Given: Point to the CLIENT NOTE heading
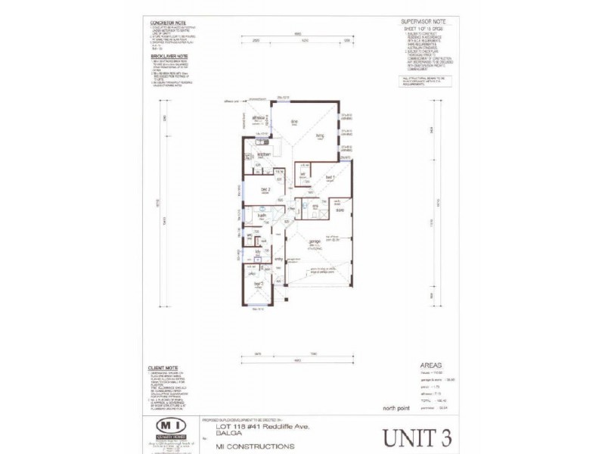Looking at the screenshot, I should [x=163, y=368].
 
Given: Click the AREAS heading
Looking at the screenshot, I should [x=431, y=365].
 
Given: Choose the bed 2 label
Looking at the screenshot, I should [x=265, y=188].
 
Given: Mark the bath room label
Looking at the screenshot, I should [x=259, y=216].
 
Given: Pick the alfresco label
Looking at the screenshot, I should [x=258, y=119].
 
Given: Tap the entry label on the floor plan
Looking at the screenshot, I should [x=278, y=260].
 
